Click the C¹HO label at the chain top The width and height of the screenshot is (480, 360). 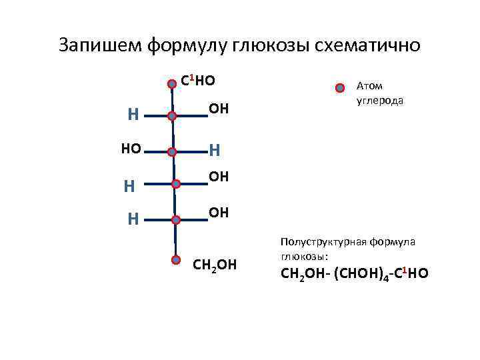point(198,81)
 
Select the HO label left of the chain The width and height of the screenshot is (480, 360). point(131,149)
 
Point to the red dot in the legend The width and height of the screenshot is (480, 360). point(340,88)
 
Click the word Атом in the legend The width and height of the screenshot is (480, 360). point(369,85)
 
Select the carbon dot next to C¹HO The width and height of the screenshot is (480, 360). point(172,84)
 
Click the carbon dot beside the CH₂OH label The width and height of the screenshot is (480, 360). point(175,261)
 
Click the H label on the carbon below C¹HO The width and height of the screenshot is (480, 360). point(133,115)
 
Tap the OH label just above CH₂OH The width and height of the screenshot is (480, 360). point(219,212)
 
